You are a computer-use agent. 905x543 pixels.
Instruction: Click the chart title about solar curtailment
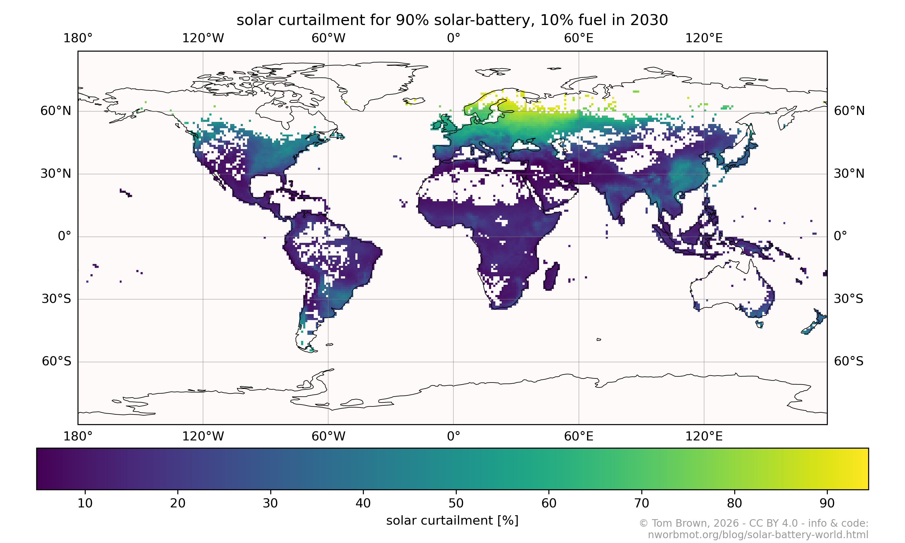pos(452,20)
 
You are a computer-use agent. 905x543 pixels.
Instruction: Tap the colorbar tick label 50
pos(456,503)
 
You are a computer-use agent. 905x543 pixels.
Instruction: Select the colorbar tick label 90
pos(827,503)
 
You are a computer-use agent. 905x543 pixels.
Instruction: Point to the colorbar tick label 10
pos(85,503)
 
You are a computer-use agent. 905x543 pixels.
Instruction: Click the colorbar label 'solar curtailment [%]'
pos(452,521)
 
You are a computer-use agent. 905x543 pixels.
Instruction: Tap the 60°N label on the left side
pos(56,111)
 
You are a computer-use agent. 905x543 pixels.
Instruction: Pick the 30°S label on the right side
pos(848,299)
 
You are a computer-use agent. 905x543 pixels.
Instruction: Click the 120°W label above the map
pos(203,38)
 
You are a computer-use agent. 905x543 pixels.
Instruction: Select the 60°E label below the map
pos(579,436)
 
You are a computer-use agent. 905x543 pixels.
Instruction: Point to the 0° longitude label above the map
pos(453,38)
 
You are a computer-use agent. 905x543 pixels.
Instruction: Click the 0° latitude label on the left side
pos(64,237)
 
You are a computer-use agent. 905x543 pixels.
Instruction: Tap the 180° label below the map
pos(78,436)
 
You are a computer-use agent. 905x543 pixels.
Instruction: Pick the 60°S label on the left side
pos(56,361)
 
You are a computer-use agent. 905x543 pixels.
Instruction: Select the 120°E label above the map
pos(704,38)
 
